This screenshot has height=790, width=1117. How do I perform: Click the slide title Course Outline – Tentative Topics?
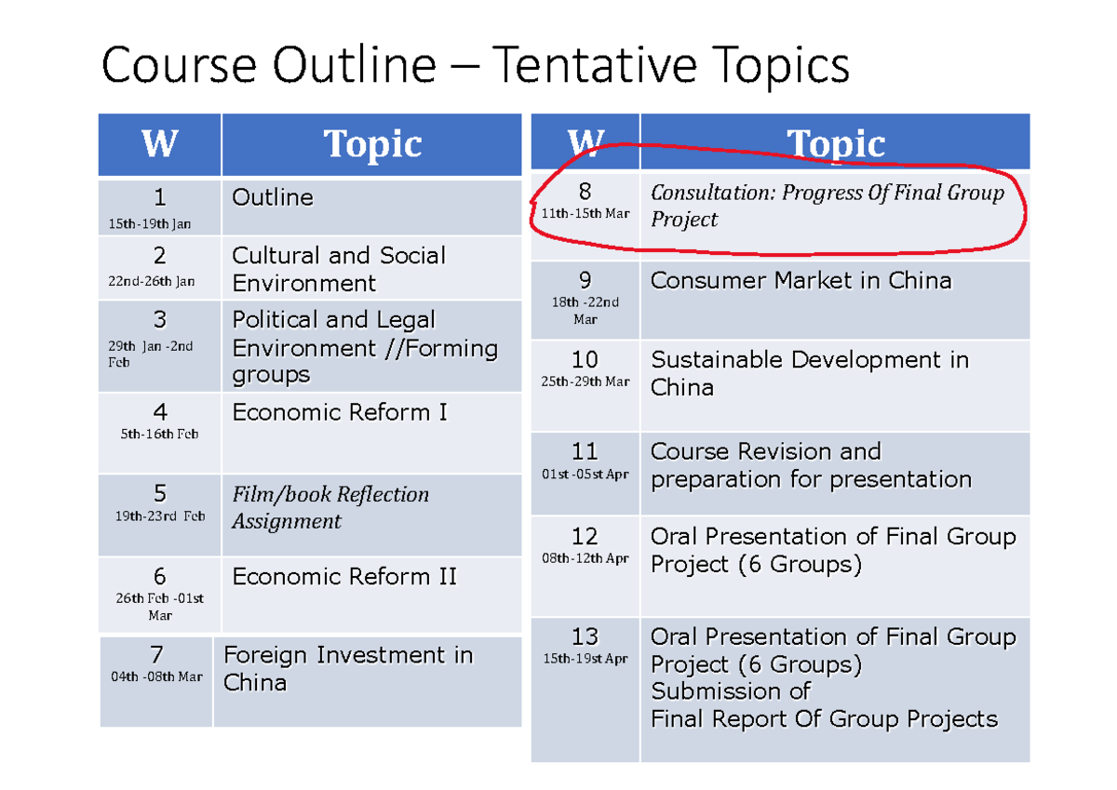pyautogui.click(x=475, y=67)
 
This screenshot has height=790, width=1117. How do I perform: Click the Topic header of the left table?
pyautogui.click(x=372, y=145)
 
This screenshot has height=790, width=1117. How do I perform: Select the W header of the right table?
pyautogui.click(x=585, y=143)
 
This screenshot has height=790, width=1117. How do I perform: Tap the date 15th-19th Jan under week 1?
pyautogui.click(x=150, y=223)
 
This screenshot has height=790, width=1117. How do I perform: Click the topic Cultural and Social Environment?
pyautogui.click(x=339, y=269)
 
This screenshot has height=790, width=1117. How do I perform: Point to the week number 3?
pyautogui.click(x=160, y=320)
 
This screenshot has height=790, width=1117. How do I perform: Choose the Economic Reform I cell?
pyautogui.click(x=340, y=412)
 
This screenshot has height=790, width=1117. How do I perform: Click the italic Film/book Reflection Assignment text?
pyautogui.click(x=330, y=507)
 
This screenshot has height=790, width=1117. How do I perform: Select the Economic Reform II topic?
pyautogui.click(x=344, y=577)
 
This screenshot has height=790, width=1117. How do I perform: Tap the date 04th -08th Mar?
pyautogui.click(x=156, y=676)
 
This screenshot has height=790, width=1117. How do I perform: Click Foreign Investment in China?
pyautogui.click(x=348, y=668)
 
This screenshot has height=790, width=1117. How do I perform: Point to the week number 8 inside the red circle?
pyautogui.click(x=585, y=193)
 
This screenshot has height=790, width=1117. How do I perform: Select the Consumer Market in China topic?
pyautogui.click(x=801, y=281)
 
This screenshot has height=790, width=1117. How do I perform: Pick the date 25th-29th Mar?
pyautogui.click(x=585, y=382)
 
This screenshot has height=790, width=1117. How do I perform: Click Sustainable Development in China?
pyautogui.click(x=809, y=373)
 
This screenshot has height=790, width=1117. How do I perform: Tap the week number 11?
pyautogui.click(x=585, y=452)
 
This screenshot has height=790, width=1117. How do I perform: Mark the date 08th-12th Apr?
pyautogui.click(x=585, y=558)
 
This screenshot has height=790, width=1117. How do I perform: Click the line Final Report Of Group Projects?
pyautogui.click(x=824, y=719)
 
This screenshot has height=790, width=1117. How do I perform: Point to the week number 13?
pyautogui.click(x=585, y=637)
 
